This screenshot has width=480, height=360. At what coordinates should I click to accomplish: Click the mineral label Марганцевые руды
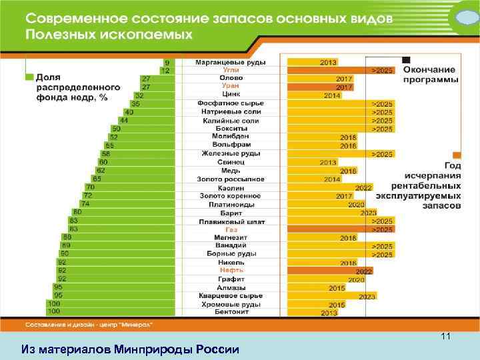(x=231, y=62)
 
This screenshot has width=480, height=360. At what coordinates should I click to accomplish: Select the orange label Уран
(x=231, y=87)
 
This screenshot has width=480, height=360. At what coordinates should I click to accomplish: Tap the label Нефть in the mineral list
(x=231, y=271)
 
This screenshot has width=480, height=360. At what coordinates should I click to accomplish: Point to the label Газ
(x=231, y=229)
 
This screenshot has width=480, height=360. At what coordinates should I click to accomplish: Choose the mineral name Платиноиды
(x=231, y=204)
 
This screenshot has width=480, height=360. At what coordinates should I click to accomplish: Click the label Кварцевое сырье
(x=231, y=295)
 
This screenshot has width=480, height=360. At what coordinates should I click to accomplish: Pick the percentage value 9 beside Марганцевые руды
(x=167, y=62)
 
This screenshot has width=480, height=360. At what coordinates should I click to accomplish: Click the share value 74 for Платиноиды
(x=85, y=204)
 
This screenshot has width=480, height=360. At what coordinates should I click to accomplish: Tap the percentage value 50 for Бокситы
(x=116, y=129)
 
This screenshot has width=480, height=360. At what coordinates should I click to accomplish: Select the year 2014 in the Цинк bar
(x=332, y=95)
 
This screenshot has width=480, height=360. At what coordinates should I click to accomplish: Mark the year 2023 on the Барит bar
(x=368, y=213)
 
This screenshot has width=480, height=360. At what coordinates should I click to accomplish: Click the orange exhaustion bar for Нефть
(x=329, y=271)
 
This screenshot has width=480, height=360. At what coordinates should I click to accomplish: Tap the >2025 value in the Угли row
(x=382, y=70)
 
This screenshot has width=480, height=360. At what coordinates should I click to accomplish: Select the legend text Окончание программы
(x=430, y=74)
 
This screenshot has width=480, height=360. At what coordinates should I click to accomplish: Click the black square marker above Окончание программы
(x=406, y=60)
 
